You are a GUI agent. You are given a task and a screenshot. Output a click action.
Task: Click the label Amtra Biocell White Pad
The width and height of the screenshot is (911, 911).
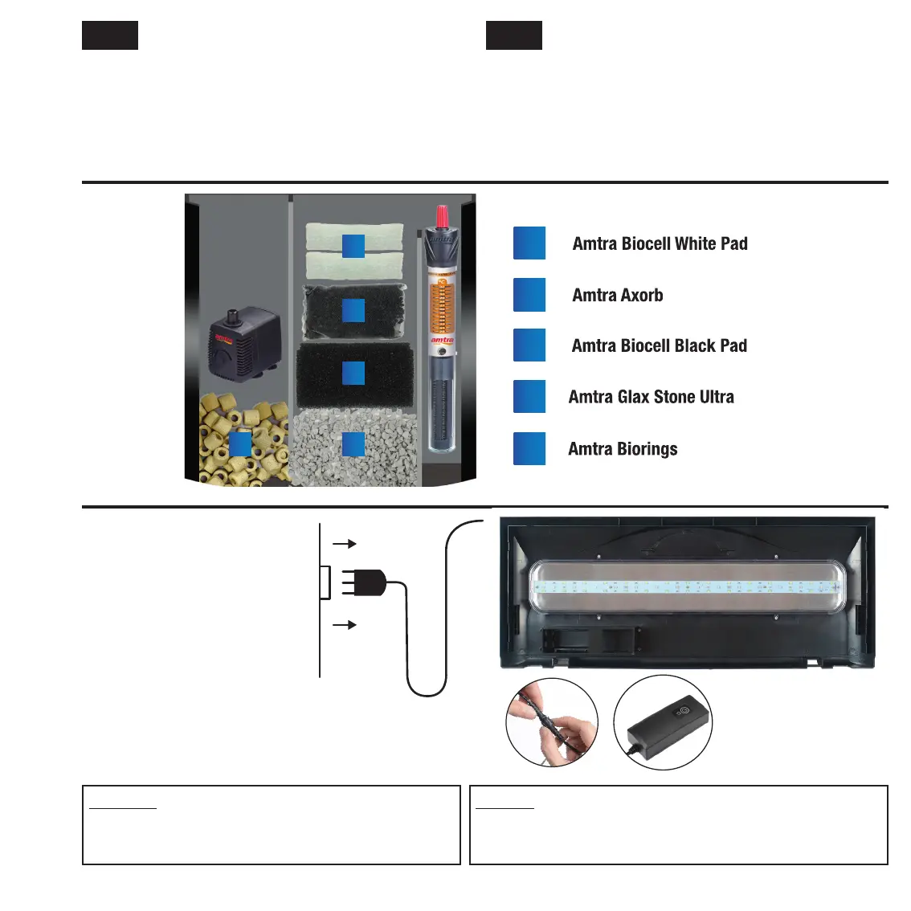[660, 243]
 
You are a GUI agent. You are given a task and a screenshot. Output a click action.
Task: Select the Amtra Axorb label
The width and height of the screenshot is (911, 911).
[617, 295]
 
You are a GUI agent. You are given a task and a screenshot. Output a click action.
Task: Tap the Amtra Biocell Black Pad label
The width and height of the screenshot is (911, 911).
[659, 345]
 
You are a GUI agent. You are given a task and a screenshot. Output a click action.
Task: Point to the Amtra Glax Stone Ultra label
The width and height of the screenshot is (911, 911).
[651, 397]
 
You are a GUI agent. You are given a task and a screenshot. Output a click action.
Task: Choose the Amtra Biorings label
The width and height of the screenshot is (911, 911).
[623, 449]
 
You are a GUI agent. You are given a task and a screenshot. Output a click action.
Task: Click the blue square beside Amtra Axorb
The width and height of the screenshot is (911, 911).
[529, 295]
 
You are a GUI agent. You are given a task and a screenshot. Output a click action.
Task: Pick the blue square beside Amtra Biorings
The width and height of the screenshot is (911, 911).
[529, 449]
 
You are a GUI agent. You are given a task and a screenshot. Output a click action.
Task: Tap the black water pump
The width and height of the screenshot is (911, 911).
[245, 341]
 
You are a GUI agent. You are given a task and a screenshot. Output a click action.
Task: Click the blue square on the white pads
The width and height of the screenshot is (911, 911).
[353, 246]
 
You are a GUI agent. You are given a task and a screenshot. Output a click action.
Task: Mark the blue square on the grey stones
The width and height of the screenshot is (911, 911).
[353, 445]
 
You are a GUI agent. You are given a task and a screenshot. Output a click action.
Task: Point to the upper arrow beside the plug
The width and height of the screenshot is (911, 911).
[345, 544]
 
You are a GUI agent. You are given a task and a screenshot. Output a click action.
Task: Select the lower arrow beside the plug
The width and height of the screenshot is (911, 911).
[345, 624]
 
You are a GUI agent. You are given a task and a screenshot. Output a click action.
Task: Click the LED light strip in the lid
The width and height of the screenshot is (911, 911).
[687, 587]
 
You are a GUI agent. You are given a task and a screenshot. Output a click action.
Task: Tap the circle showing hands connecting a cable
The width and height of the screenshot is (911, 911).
[552, 722]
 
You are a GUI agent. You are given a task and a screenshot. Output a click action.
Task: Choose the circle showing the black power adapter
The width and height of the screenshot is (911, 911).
[663, 722]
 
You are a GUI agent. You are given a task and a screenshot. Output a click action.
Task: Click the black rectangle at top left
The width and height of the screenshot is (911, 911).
[110, 35]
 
